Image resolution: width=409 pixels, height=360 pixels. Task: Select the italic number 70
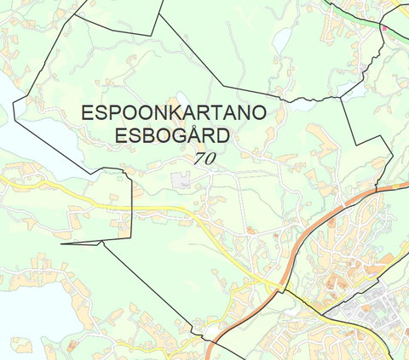[x=204, y=157]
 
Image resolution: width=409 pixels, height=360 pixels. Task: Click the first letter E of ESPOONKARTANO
[x=87, y=112]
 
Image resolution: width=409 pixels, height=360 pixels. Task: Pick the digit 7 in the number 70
[x=199, y=157]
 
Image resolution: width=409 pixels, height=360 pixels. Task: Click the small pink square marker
[x=384, y=27]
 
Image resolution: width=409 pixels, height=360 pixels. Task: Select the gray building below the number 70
[x=180, y=180]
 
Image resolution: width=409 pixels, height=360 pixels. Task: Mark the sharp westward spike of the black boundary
[x=65, y=244]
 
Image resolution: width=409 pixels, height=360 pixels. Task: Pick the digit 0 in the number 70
[x=210, y=157]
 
